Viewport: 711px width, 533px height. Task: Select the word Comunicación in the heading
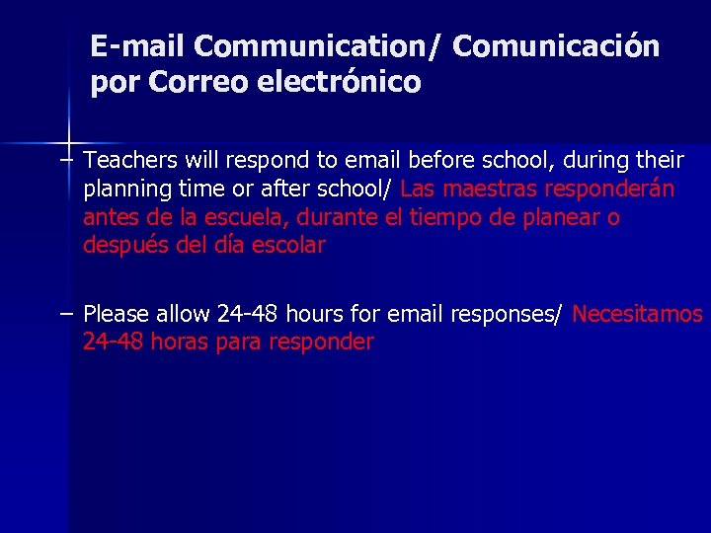point(556,46)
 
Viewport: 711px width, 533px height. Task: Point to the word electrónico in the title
point(339,82)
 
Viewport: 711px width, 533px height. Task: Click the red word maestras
point(488,189)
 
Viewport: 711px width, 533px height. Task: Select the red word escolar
point(287,246)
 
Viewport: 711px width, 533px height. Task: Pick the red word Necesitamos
point(638,315)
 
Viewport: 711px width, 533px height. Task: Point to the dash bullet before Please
point(65,314)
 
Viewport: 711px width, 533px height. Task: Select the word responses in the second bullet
point(506,315)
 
